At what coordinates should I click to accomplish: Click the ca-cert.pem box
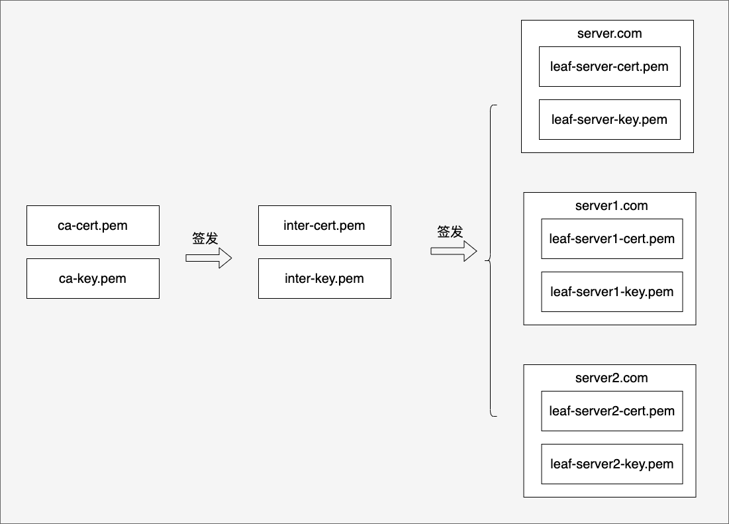tap(93, 225)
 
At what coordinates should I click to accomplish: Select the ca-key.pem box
tap(93, 278)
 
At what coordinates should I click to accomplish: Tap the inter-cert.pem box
tap(324, 225)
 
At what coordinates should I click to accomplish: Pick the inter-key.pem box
tap(324, 278)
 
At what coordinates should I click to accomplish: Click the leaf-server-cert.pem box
tap(610, 66)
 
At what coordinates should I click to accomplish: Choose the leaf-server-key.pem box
tap(610, 119)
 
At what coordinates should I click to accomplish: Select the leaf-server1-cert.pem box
tap(612, 238)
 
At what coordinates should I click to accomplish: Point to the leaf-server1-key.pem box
tap(612, 291)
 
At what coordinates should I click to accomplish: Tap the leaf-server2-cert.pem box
tap(612, 411)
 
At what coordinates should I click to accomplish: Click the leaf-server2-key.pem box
tap(612, 464)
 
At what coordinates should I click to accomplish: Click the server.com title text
tap(610, 34)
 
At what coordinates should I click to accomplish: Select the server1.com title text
tap(611, 205)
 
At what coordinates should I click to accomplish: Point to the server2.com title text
tap(611, 378)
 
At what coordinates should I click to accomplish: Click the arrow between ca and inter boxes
tap(209, 258)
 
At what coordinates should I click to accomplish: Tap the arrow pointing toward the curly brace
tap(454, 251)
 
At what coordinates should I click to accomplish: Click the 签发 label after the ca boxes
tap(205, 238)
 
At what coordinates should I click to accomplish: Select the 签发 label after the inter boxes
tap(450, 232)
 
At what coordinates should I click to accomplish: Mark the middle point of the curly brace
tap(488, 260)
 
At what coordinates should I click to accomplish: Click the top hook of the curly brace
tap(494, 107)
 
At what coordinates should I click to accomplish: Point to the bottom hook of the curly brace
tap(494, 415)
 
